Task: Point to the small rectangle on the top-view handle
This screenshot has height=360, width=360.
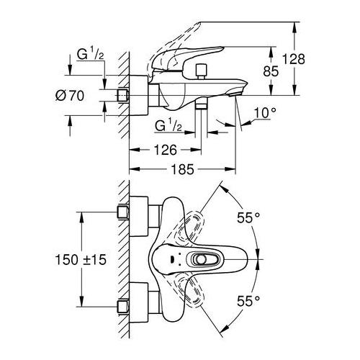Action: [167, 260]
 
